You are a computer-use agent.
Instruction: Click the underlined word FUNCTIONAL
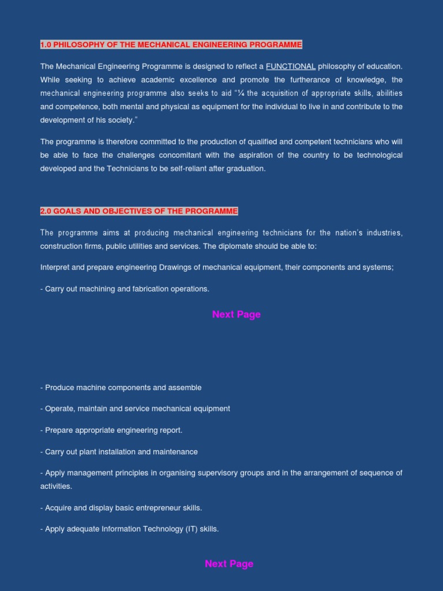pos(291,66)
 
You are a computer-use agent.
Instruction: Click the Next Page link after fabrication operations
pos(236,315)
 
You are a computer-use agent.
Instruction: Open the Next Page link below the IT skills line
pos(229,564)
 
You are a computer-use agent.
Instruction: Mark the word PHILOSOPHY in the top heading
pos(78,45)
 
